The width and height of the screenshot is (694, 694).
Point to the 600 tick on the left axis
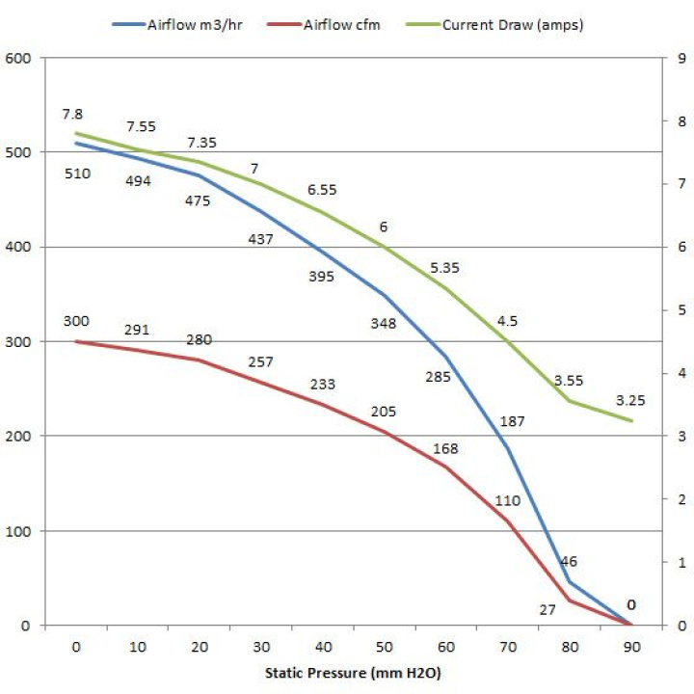tap(20, 59)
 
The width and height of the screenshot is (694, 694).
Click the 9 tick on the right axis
tap(681, 59)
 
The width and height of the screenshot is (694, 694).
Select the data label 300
tap(75, 322)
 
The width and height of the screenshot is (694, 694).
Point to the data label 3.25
tap(631, 399)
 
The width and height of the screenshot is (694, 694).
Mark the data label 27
tap(547, 609)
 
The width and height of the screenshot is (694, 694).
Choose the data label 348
tap(384, 324)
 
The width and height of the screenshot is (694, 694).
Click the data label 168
tap(446, 447)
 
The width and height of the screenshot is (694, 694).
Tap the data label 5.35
tap(446, 267)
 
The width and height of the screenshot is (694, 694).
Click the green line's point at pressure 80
tap(569, 401)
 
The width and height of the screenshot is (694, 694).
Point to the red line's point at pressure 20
tap(199, 360)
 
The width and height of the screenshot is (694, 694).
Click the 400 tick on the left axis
tap(20, 248)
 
